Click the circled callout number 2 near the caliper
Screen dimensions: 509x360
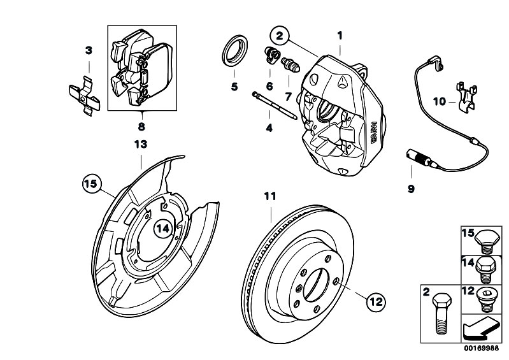280,36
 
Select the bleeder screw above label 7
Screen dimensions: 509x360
290,64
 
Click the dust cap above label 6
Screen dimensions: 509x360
271,55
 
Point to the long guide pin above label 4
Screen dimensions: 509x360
275,106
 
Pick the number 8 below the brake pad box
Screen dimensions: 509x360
141,126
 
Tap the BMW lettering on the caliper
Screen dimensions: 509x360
374,133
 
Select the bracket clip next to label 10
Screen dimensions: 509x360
466,97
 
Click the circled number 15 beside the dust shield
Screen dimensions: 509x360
91,184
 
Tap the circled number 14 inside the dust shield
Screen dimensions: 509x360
162,229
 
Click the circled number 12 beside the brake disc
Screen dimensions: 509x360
376,302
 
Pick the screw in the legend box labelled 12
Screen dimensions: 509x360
487,300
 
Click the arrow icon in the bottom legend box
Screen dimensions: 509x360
481,329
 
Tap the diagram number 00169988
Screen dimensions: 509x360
481,348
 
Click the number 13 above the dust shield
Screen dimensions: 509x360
141,144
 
